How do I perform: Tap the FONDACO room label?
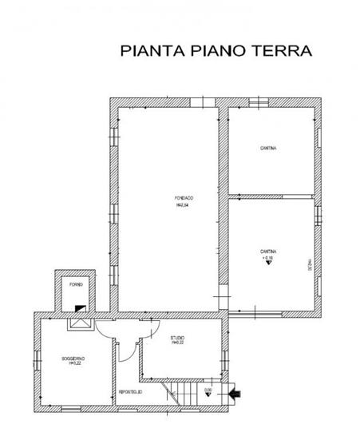(186, 197)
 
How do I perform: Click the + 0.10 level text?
(267, 258)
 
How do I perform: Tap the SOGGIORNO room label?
(73, 360)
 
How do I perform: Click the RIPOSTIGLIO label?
(130, 393)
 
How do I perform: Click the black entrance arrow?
(234, 392)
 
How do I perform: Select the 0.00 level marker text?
(209, 389)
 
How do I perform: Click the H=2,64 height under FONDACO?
(186, 204)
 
